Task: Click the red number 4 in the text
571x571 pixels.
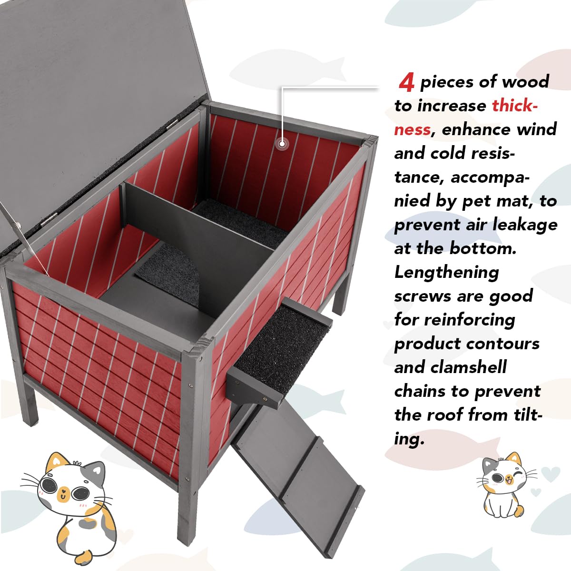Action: [x=406, y=83]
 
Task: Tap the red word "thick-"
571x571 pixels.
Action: [x=515, y=106]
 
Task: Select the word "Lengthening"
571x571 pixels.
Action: [x=446, y=273]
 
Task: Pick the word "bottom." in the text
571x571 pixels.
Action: [x=483, y=248]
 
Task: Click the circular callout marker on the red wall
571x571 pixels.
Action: [x=282, y=144]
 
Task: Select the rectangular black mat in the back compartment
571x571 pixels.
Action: [x=240, y=222]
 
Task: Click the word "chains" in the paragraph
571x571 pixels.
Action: [x=420, y=391]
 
